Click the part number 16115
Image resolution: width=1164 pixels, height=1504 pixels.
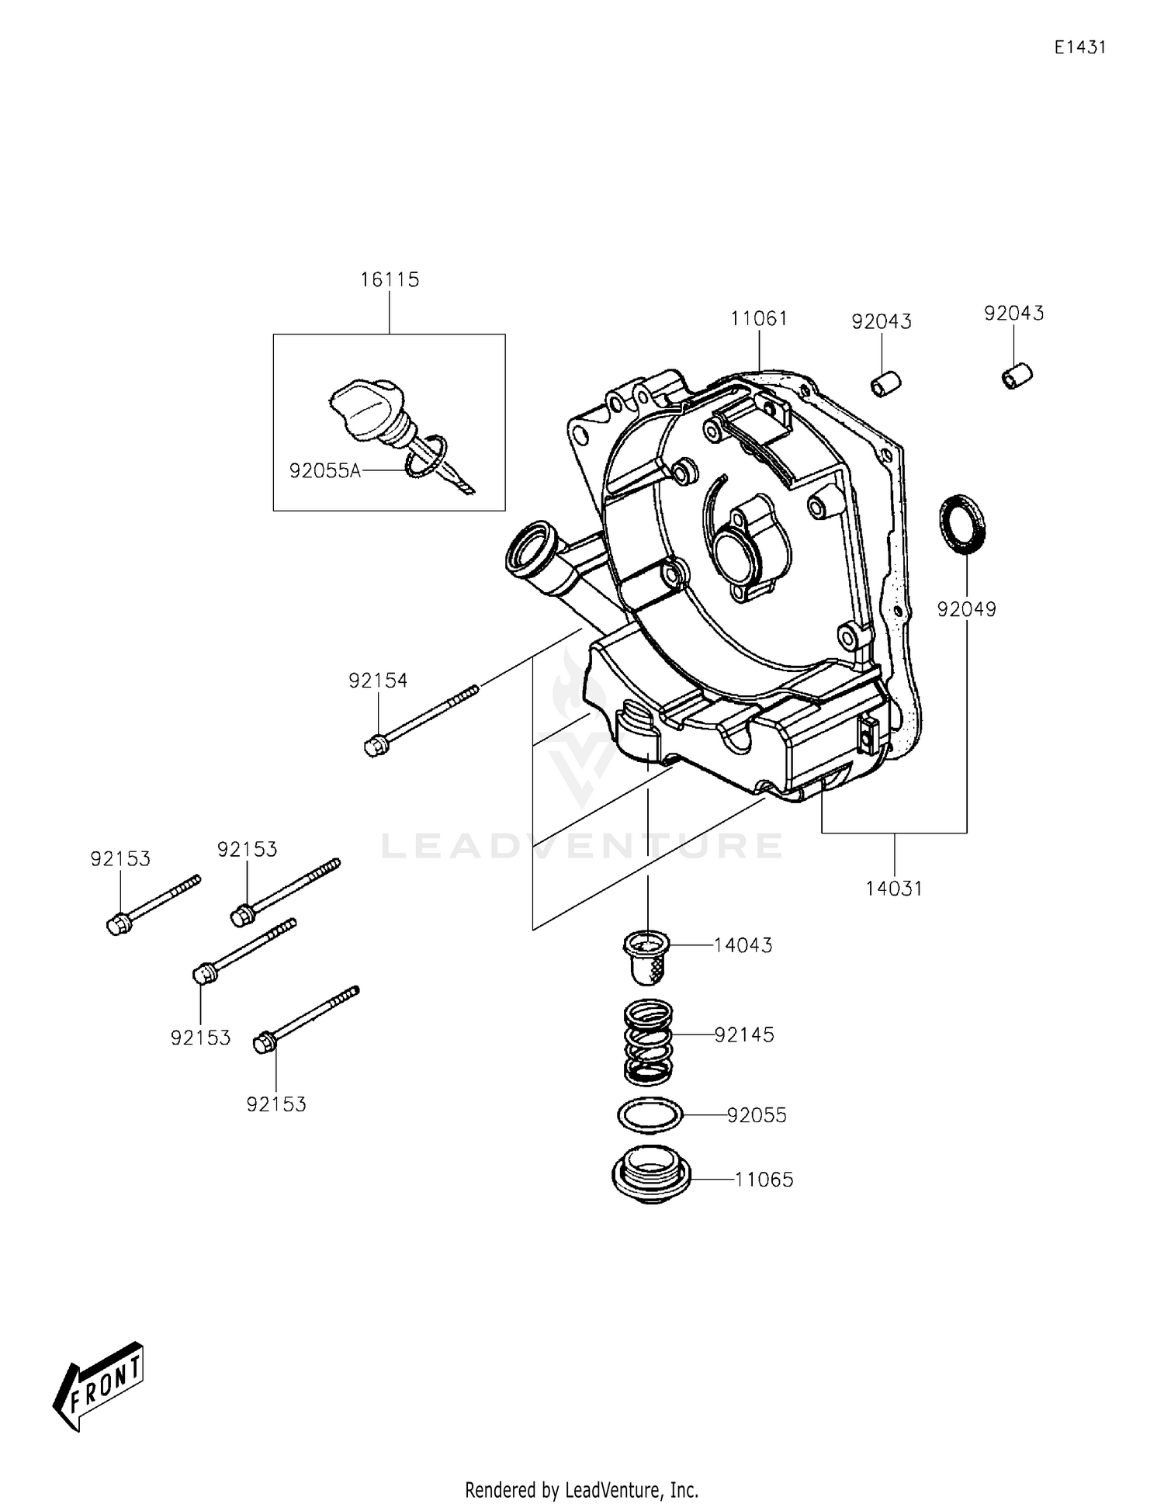pyautogui.click(x=390, y=279)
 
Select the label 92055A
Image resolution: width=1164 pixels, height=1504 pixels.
pyautogui.click(x=325, y=470)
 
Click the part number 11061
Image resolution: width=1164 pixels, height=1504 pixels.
pyautogui.click(x=759, y=318)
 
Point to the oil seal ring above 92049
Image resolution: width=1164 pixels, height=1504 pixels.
pyautogui.click(x=964, y=523)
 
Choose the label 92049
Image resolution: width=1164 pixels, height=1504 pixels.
pyautogui.click(x=966, y=609)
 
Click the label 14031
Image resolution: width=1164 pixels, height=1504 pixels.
pyautogui.click(x=894, y=889)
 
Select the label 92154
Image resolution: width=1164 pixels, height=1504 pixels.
pyautogui.click(x=378, y=681)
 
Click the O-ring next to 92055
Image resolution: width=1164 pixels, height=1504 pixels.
pyautogui.click(x=650, y=1116)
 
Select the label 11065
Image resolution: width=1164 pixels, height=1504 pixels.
pyautogui.click(x=764, y=1180)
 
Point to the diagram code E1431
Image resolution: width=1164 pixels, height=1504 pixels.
pyautogui.click(x=1079, y=47)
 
